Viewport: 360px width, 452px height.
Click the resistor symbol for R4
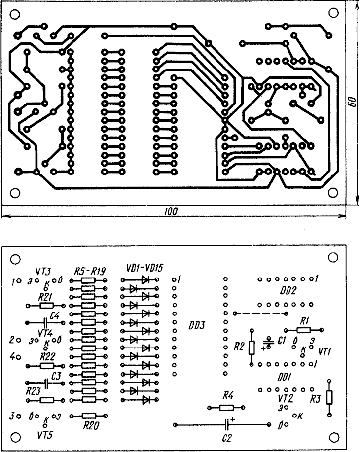(x=226, y=407)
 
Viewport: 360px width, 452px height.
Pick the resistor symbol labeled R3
(x=329, y=397)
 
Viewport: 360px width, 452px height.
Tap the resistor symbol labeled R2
(x=252, y=348)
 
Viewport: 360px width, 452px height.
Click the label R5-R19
(x=87, y=271)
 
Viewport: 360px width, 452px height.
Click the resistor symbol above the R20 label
(x=88, y=416)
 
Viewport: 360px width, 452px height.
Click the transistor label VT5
(x=45, y=436)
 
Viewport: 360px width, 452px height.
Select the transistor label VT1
(x=325, y=352)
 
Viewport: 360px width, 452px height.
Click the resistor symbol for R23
(x=47, y=400)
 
